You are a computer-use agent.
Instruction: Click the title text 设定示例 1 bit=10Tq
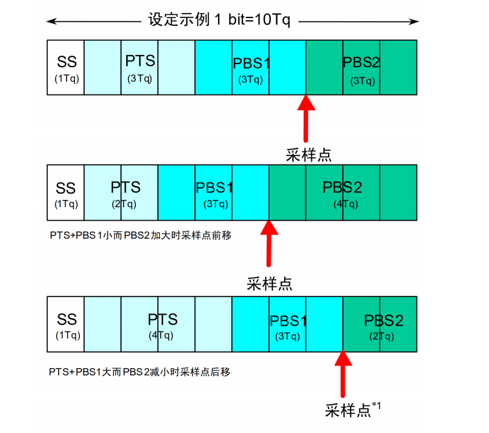tap(220, 19)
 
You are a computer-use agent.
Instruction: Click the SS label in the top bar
tap(66, 62)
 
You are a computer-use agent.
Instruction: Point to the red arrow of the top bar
tap(305, 120)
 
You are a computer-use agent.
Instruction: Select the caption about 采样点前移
tap(141, 236)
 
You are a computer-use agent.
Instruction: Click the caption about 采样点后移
tap(140, 372)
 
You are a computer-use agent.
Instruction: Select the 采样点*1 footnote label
tap(353, 410)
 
